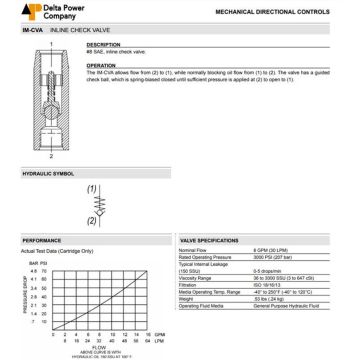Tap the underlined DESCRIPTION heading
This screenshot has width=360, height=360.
point(102,45)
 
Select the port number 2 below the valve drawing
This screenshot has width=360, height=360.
point(50,157)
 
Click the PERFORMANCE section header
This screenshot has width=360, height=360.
point(42,241)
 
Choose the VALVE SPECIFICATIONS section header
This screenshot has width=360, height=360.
point(209,241)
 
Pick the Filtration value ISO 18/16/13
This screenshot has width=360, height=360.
point(269,283)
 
